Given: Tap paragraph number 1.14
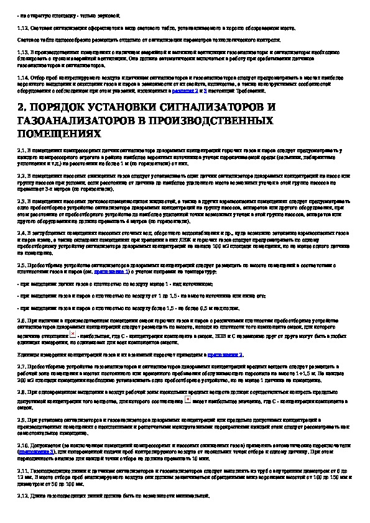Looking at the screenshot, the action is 22,77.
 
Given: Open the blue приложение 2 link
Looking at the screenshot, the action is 227,353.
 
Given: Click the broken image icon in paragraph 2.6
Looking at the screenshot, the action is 73,334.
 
